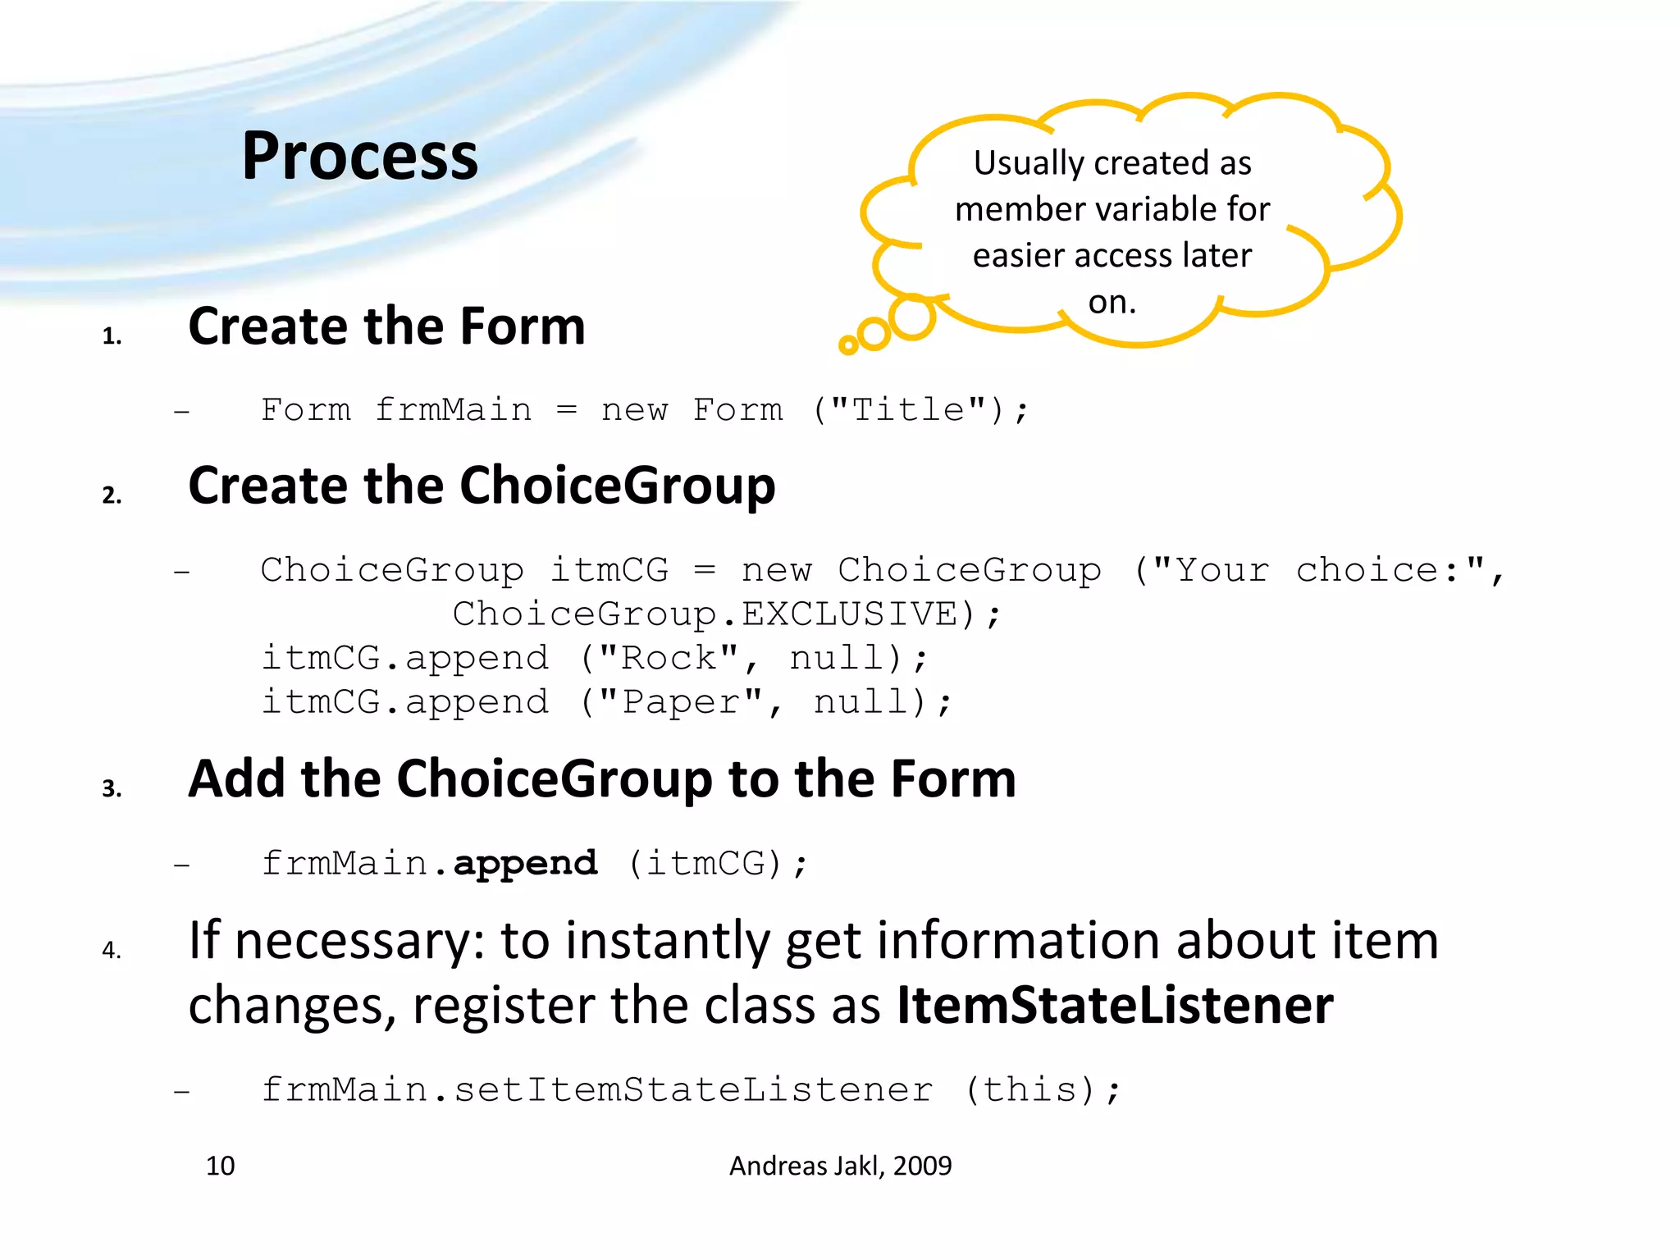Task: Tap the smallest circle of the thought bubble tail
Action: click(848, 345)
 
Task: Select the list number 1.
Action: click(112, 336)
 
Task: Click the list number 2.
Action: click(112, 495)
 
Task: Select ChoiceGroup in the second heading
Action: click(617, 486)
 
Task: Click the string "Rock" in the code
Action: click(669, 658)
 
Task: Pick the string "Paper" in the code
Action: click(681, 702)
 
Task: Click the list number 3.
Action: click(112, 788)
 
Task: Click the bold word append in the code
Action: click(525, 863)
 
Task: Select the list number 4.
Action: click(112, 950)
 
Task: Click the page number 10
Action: click(220, 1166)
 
